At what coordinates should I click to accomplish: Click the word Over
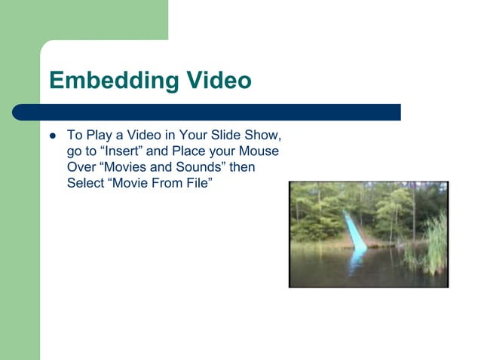(81, 167)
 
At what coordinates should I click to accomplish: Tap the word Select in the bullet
(87, 183)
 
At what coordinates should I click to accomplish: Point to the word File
(191, 183)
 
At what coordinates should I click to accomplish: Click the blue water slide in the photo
(354, 234)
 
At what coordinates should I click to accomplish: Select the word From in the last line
(163, 183)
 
